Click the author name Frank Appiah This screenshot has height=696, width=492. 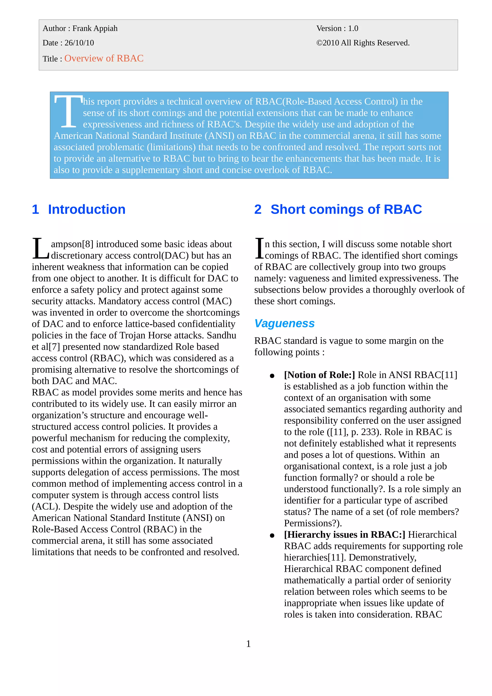point(95,29)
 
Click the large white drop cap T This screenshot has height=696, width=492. point(68,111)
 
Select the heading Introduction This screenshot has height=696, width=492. point(87,209)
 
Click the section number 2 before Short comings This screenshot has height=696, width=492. point(258,209)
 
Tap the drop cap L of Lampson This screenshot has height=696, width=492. point(40,249)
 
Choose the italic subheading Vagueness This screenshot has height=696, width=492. point(284,324)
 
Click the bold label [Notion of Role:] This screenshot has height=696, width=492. point(319,375)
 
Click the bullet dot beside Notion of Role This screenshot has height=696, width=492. point(272,376)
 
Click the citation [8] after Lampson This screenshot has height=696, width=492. point(88,244)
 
